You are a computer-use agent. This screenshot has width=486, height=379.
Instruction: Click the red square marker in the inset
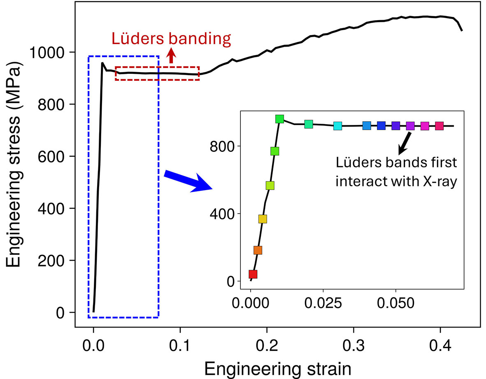(x=253, y=274)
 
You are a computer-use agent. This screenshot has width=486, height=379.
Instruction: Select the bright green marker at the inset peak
(x=280, y=119)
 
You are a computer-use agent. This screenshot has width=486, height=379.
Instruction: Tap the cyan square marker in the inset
(x=338, y=126)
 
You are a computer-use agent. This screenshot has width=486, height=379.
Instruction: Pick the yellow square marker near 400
(x=263, y=219)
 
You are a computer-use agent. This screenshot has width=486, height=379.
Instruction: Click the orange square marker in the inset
(x=258, y=250)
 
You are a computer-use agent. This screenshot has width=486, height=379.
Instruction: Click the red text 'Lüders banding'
(x=171, y=39)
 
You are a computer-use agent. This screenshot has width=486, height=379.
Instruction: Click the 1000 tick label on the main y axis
(x=48, y=52)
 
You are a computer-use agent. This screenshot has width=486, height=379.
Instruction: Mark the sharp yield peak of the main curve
(x=102, y=63)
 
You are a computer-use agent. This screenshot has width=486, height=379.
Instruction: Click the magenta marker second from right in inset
(x=425, y=126)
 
